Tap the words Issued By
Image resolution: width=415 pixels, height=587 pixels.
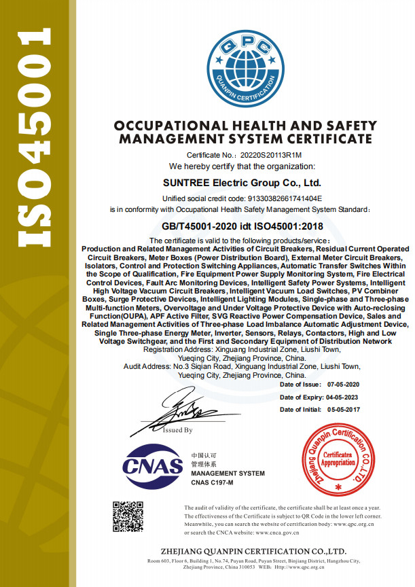pos(178,430)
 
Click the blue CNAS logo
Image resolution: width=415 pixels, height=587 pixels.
pos(153,465)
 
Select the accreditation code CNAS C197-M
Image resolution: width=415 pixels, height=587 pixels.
pos(212,482)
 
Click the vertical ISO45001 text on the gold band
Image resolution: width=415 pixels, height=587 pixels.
pos(33,136)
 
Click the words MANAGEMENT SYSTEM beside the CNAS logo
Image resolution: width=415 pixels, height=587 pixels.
pos(228,474)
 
